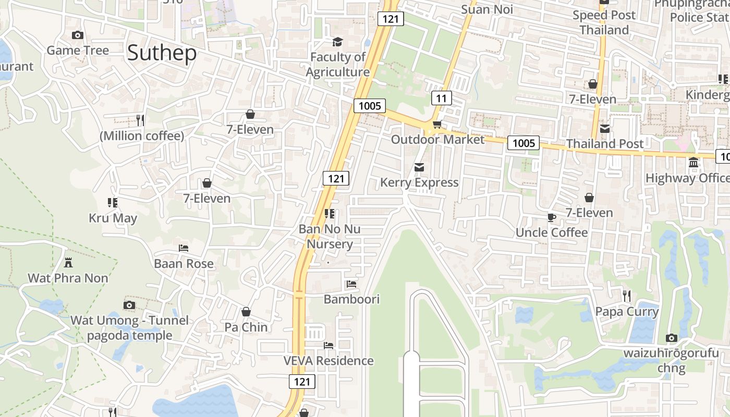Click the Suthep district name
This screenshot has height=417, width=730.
[162, 53]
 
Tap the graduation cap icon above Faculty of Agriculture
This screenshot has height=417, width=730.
[338, 42]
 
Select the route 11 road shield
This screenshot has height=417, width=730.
[441, 98]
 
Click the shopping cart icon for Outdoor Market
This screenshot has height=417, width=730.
[437, 124]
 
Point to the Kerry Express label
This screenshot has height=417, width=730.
[419, 182]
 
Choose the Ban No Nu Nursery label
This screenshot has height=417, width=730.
[329, 236]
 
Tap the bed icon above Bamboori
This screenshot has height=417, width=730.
[351, 284]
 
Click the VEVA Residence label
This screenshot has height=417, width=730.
[328, 361]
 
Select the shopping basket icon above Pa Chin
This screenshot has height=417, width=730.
[246, 312]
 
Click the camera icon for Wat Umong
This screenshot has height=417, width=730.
[129, 305]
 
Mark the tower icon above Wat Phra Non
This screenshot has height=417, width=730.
[68, 262]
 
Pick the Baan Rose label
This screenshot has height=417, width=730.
[184, 264]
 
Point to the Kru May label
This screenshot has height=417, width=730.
[113, 218]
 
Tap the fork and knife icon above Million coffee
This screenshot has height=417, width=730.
[140, 120]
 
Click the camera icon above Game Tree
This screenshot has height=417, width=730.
[78, 35]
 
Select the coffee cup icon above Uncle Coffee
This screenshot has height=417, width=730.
[551, 217]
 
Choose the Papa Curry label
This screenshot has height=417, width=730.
[627, 312]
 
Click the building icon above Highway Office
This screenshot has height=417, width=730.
[693, 163]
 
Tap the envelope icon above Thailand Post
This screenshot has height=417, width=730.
[605, 128]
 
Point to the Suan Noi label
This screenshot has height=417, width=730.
[488, 9]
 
